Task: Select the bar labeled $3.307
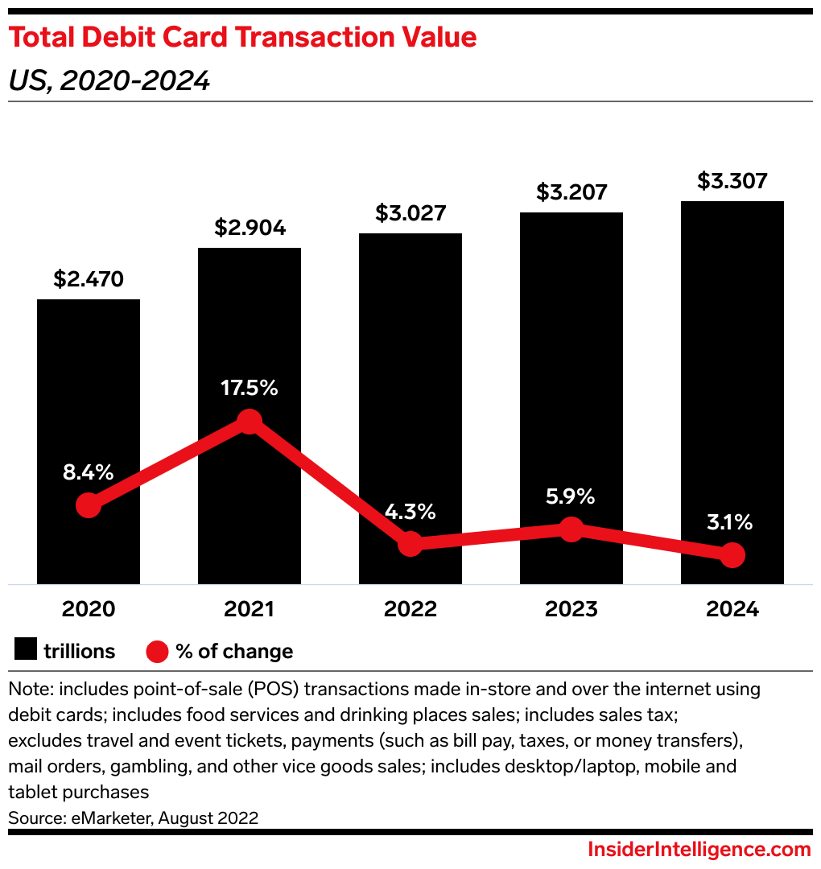point(732,362)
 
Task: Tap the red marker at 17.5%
point(250,421)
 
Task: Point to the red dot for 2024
point(732,554)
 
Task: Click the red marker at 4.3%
point(410,543)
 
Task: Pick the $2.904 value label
point(250,228)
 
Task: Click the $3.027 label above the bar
point(410,213)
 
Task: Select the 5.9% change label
point(571,496)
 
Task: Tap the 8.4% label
point(89,472)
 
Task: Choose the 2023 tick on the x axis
point(571,609)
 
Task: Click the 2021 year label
point(250,609)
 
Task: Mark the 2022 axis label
point(410,609)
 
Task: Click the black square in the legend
point(25,651)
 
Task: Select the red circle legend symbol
point(157,651)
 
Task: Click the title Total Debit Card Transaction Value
point(242,37)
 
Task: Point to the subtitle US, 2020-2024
point(109,80)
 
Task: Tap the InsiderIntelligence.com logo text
point(699,850)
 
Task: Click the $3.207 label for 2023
point(571,192)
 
